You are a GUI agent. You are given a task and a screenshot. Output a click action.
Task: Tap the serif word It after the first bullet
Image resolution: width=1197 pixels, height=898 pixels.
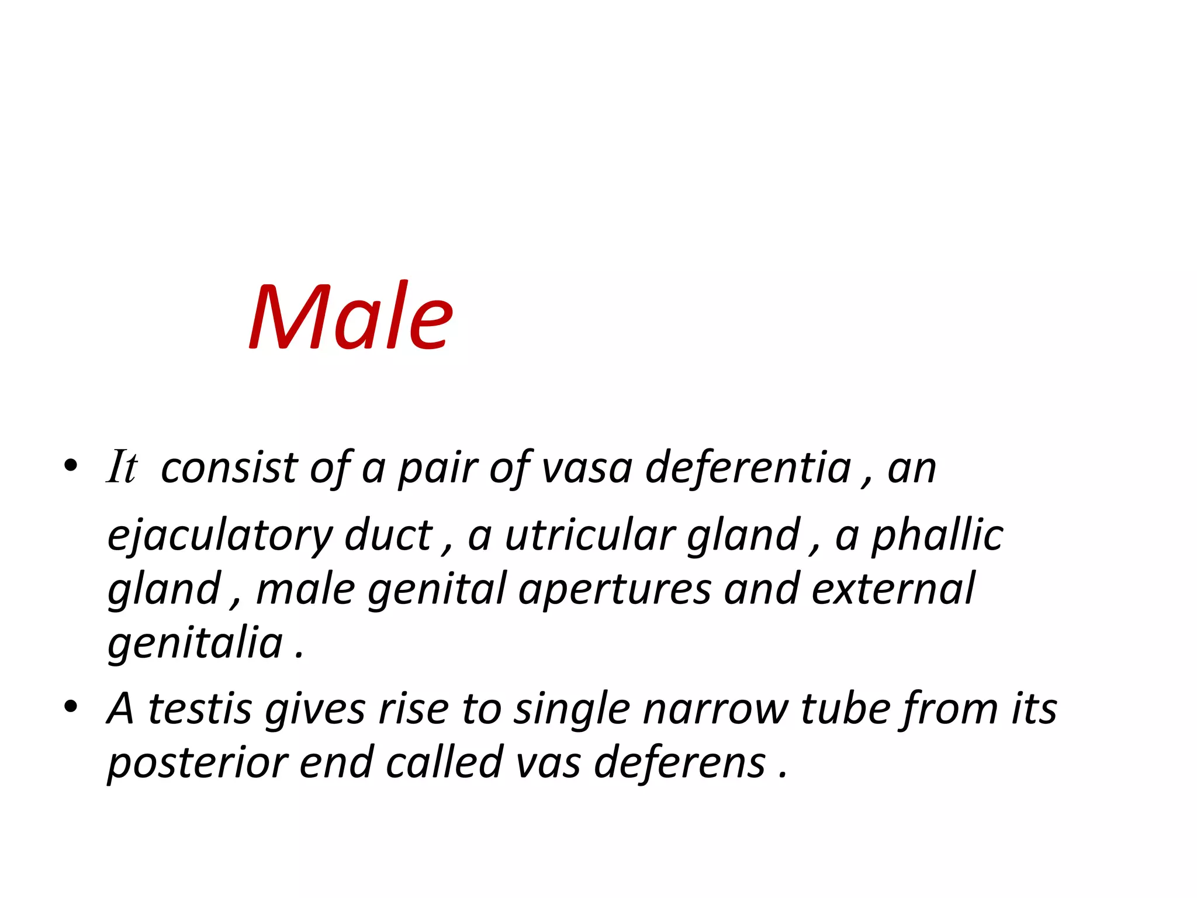point(122,467)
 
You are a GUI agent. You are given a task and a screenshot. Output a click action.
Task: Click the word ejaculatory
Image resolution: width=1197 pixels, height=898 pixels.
point(220,537)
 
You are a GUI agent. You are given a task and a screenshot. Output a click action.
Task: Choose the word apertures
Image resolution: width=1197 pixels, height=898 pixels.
point(615,589)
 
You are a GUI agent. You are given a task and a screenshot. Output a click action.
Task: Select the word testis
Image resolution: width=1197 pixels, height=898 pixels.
point(200,709)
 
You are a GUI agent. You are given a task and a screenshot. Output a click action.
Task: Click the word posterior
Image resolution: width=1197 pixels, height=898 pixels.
point(197,764)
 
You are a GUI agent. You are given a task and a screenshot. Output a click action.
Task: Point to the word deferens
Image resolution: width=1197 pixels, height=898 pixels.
point(680,763)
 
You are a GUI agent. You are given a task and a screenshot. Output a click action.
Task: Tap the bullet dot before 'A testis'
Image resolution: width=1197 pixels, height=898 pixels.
point(71,707)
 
